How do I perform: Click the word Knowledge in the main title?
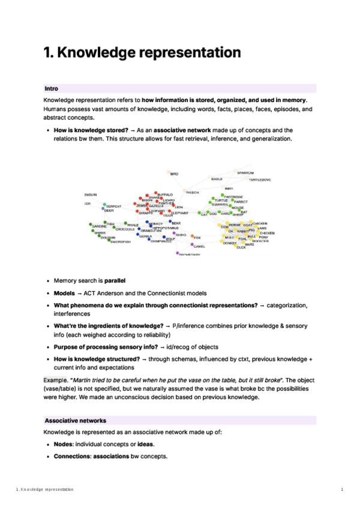(97, 53)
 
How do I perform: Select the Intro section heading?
(52, 88)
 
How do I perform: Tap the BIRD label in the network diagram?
(175, 174)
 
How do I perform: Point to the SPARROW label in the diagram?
(245, 173)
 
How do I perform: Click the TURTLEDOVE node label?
(260, 180)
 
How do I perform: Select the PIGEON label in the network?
(192, 193)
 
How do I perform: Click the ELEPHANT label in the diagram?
(180, 212)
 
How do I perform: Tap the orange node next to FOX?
(190, 238)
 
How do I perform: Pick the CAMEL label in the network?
(200, 246)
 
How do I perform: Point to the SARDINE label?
(100, 226)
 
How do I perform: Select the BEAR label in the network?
(176, 223)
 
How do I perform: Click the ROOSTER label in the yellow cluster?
(260, 241)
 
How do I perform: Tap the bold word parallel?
(116, 280)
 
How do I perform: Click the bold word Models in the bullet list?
(65, 293)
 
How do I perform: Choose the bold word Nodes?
(64, 444)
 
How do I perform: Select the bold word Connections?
(74, 456)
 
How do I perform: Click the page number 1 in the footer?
(341, 490)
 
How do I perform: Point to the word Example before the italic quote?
(55, 381)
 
